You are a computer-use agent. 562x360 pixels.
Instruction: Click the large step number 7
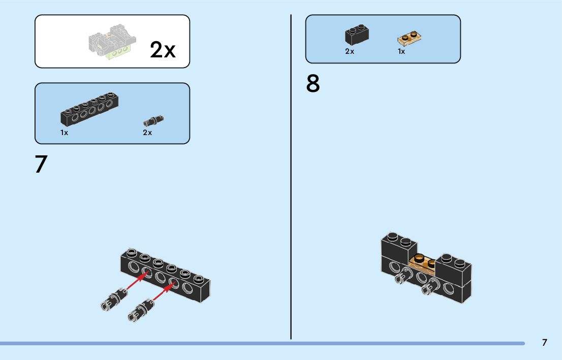point(41,164)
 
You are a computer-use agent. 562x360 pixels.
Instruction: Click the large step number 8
point(313,84)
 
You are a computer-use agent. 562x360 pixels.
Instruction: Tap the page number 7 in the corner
point(544,342)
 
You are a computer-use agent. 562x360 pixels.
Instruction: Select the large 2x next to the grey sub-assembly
point(163,50)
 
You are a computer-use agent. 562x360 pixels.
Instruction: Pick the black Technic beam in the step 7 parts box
point(90,109)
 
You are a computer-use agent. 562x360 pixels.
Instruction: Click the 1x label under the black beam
point(64,133)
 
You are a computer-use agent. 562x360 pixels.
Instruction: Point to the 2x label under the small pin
point(147,133)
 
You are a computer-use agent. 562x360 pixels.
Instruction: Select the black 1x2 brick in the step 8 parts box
point(357,35)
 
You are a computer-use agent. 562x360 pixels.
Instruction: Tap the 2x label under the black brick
point(350,51)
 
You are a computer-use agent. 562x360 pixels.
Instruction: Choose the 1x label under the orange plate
point(401,51)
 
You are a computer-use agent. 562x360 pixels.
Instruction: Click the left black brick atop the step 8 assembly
point(399,246)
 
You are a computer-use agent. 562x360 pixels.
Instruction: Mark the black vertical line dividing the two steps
point(291,178)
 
